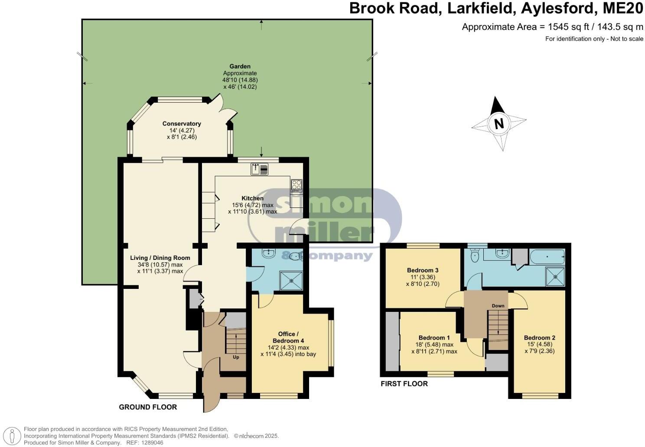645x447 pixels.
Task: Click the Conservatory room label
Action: click(182, 124)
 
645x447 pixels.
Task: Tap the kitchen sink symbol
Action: click(259, 169)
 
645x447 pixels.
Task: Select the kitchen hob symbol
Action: click(296, 186)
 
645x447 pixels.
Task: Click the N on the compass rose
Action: click(499, 124)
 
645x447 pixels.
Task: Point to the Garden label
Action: click(240, 66)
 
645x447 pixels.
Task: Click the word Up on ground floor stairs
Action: click(236, 357)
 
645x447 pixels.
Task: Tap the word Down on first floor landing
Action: click(498, 306)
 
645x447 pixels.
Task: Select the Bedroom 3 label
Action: click(423, 270)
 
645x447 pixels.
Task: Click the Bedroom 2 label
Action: click(539, 338)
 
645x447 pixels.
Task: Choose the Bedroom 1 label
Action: click(434, 338)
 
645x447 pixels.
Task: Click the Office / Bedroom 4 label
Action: click(288, 337)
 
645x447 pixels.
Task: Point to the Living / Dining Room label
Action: click(160, 258)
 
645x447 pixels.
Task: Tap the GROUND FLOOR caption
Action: click(148, 407)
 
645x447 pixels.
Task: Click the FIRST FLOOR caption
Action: click(404, 384)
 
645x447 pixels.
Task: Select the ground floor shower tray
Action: click(291, 280)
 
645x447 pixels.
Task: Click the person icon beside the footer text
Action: click(14, 435)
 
